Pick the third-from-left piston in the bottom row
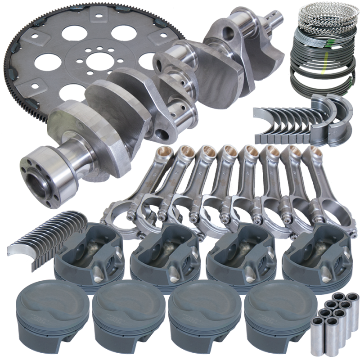coord(201,310)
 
